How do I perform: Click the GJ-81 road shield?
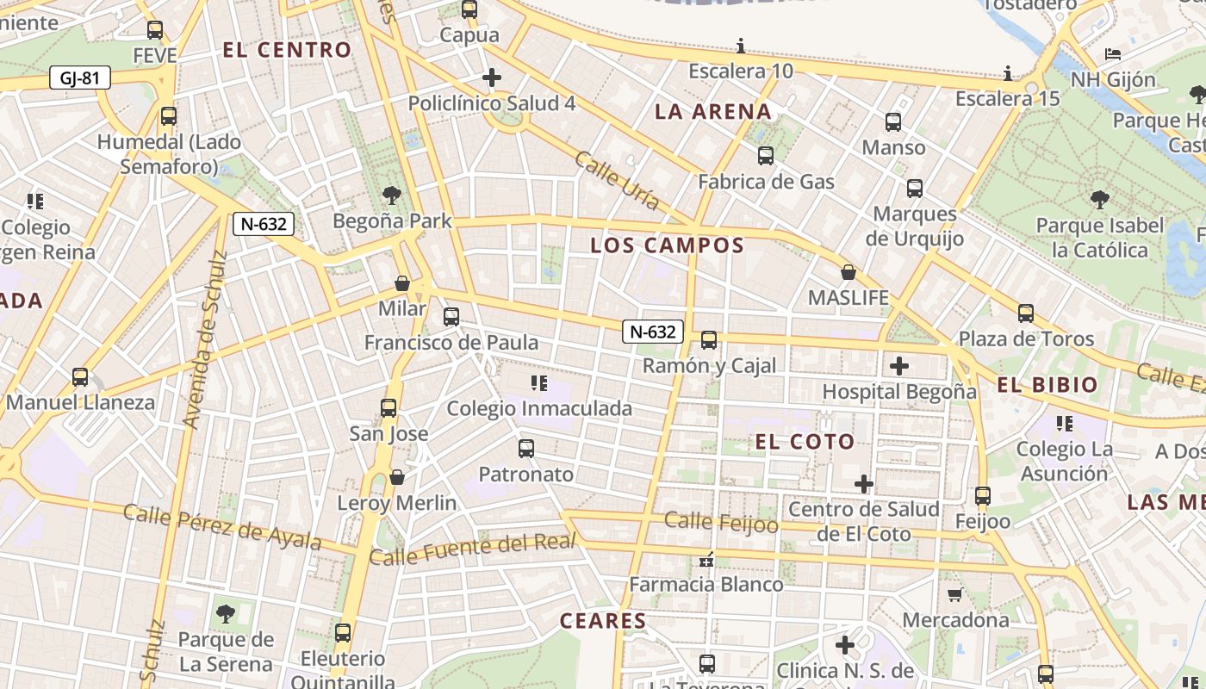(80, 78)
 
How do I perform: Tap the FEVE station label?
(155, 56)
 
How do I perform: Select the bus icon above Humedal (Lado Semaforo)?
(169, 116)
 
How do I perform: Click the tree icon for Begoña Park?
(392, 196)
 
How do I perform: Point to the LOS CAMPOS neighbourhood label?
(667, 245)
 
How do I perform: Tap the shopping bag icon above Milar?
(402, 283)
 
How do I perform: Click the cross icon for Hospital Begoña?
(899, 366)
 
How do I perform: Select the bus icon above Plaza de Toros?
(1025, 313)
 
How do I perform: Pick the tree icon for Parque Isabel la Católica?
(1099, 201)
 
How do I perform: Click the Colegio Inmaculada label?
(539, 408)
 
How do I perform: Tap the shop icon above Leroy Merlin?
(397, 477)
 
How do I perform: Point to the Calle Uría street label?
(617, 181)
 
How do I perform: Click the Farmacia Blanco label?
(706, 585)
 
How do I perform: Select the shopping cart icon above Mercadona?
(955, 594)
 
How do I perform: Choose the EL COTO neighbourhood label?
(805, 443)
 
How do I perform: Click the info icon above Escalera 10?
(741, 46)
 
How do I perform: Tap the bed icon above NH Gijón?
(1113, 54)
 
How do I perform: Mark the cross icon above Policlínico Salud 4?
(492, 78)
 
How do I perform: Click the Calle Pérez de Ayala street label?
(222, 526)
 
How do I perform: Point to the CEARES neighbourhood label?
(603, 621)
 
